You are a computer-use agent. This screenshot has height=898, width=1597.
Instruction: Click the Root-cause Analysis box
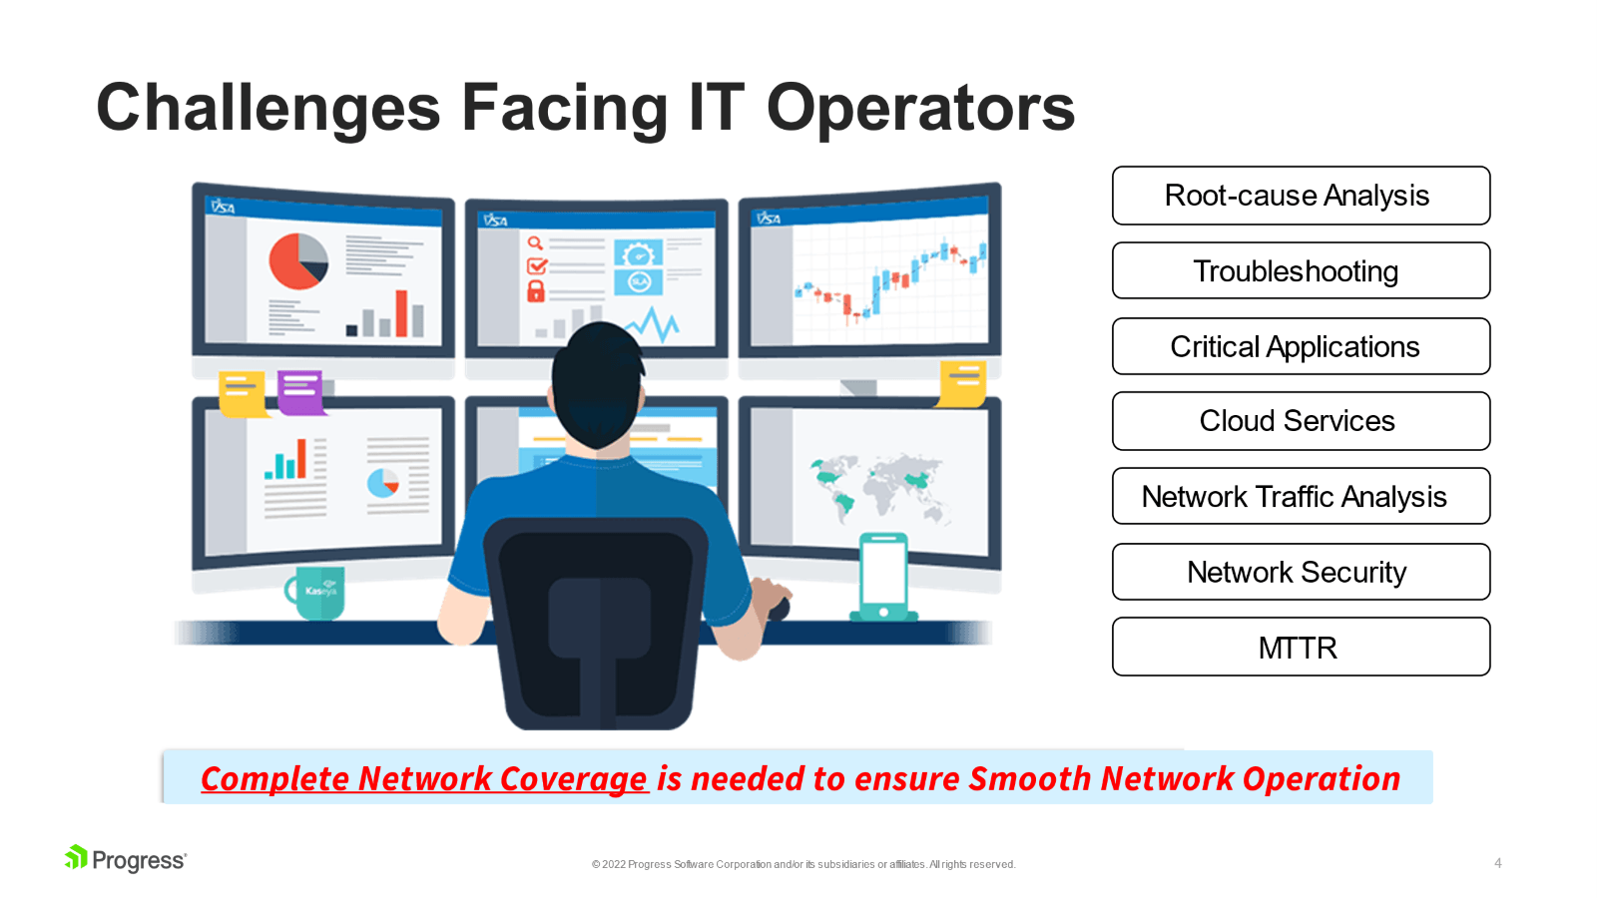pos(1301,196)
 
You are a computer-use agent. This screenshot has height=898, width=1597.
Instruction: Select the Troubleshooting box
pos(1301,270)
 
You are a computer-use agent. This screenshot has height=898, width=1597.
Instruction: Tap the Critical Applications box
pos(1301,346)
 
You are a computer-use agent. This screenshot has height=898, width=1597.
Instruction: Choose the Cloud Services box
pos(1301,420)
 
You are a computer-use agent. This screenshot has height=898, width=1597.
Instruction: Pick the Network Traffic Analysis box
pos(1301,496)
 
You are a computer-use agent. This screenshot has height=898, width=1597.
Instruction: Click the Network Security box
pos(1301,572)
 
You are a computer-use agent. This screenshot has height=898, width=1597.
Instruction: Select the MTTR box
pos(1301,647)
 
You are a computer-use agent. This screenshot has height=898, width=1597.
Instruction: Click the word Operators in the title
pos(920,109)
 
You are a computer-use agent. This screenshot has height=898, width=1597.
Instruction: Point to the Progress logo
pos(126,859)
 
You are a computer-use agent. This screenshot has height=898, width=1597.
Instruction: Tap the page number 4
pos(1498,863)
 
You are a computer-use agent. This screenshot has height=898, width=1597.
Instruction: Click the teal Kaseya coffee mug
pos(315,593)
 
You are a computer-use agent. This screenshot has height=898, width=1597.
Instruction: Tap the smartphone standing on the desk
pos(883,577)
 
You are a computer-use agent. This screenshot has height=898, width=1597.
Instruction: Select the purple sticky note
pos(300,392)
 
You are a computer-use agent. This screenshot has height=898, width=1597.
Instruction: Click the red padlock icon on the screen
pos(535,290)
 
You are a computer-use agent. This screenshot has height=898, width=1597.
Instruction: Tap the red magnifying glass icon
pos(535,243)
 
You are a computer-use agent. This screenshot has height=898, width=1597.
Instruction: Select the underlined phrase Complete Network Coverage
pos(424,778)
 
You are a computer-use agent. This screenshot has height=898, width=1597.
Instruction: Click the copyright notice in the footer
pos(803,864)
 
